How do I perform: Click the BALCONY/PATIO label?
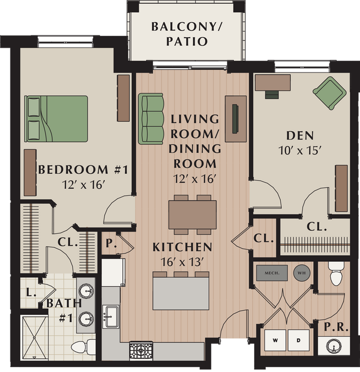(x=180, y=34)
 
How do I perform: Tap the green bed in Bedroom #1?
(x=56, y=118)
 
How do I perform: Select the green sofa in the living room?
(x=151, y=117)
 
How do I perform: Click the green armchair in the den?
(x=329, y=91)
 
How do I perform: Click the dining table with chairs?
(x=192, y=214)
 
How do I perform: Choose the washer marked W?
(x=275, y=339)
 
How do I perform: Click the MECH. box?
(x=271, y=272)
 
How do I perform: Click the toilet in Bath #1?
(x=80, y=347)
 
